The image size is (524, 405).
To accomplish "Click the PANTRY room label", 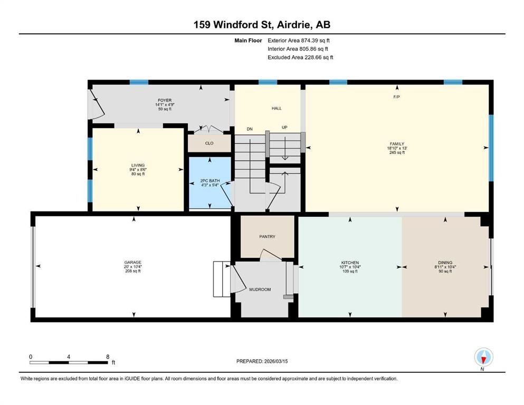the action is (267, 236).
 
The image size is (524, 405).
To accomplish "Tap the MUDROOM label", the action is (260, 290).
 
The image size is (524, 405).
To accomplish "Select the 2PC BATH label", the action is (210, 181).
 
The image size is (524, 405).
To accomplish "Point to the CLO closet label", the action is (209, 143).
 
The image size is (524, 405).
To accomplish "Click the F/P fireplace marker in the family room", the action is (397, 97).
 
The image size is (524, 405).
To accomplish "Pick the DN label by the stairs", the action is (250, 129).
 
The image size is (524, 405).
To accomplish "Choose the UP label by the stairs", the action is (284, 127).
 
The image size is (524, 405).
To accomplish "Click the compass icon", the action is (483, 357).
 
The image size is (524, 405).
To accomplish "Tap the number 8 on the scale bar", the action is (108, 356).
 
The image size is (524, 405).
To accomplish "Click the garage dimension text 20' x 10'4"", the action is (132, 267).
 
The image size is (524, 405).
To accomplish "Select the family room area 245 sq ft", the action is (397, 152).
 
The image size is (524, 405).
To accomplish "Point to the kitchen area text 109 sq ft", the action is (350, 272).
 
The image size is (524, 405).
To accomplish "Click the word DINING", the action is (445, 263).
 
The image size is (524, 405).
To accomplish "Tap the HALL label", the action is (277, 108).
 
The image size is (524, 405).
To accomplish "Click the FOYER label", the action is (165, 100).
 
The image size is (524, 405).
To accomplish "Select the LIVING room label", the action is (138, 165).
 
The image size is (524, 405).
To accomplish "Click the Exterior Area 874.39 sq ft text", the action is (299, 41).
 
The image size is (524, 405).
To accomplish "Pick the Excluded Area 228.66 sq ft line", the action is (300, 57).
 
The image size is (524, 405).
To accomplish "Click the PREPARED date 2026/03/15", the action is (275, 361).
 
